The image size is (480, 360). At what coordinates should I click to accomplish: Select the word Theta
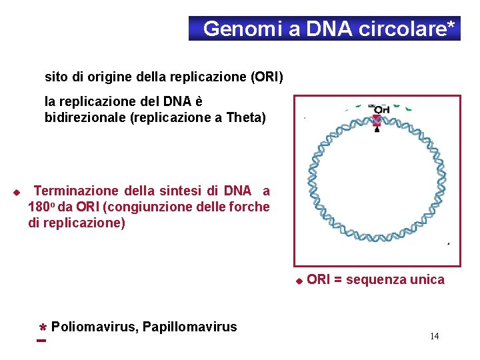243,118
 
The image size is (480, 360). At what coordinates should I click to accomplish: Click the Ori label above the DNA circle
381,109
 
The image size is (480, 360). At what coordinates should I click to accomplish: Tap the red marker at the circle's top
376,121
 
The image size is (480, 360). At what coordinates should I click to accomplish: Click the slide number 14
434,336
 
